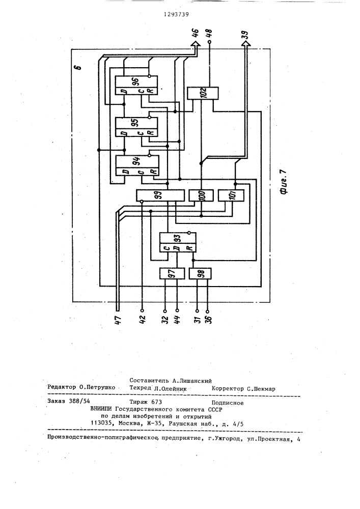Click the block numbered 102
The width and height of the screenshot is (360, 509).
click(203, 93)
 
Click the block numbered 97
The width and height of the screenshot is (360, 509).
click(171, 273)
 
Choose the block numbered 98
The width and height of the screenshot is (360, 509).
click(200, 273)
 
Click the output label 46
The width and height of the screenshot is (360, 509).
click(196, 35)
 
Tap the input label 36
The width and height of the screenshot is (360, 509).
click(208, 322)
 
